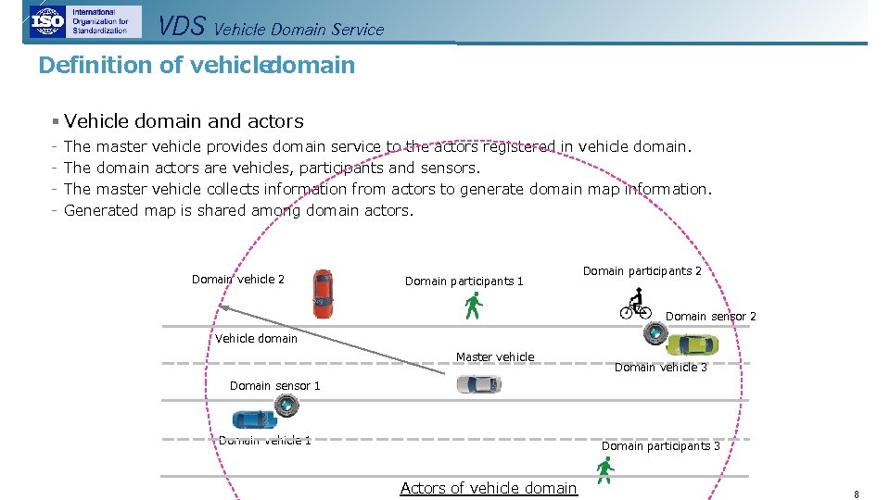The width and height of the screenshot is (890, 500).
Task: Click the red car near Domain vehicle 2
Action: (323, 294)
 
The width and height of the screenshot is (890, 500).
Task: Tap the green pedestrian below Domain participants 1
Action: (474, 306)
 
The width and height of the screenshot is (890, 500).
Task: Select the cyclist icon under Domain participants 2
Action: (636, 304)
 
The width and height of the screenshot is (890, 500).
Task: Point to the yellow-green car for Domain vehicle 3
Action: (692, 344)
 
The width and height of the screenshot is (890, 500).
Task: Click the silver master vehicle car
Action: (478, 384)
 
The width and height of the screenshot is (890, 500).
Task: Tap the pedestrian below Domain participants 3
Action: (605, 470)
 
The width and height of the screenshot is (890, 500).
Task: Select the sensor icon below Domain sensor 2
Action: (655, 333)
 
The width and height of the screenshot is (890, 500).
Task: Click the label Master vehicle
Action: (495, 356)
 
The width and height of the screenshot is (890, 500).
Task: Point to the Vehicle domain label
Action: (257, 338)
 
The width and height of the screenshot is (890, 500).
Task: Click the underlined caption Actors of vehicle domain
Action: (489, 488)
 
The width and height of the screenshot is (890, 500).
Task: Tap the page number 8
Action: (857, 494)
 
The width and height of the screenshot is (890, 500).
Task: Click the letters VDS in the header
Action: (181, 26)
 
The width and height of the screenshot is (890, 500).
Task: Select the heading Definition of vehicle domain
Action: (197, 65)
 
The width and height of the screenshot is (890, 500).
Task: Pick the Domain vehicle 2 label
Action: (238, 279)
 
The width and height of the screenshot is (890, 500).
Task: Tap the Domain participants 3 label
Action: (660, 445)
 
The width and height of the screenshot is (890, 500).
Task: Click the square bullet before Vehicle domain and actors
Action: (56, 121)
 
